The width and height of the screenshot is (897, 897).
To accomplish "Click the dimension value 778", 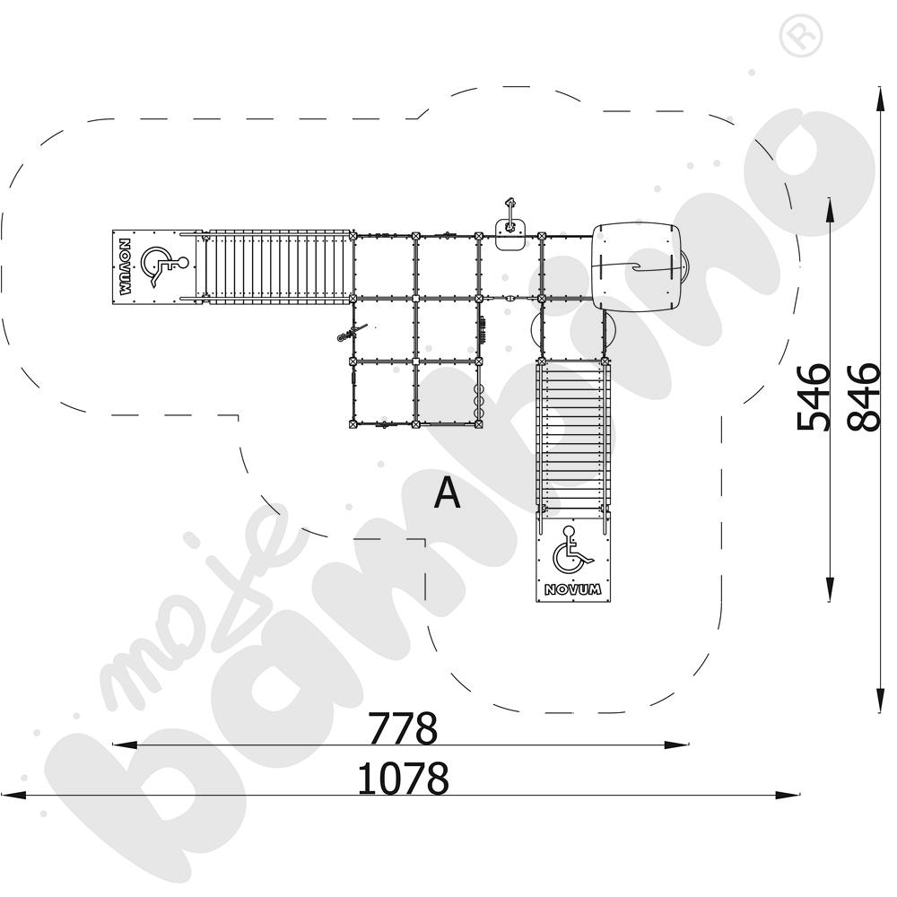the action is coord(402,727).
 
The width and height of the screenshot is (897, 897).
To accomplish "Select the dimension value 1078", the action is coord(403,778).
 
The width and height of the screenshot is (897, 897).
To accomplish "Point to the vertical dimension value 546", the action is coord(814,396).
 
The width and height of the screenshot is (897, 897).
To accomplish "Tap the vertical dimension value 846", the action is coord(863,396).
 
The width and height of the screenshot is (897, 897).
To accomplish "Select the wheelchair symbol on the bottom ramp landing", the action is coord(572,550).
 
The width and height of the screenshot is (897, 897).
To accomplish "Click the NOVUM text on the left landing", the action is coord(126,266).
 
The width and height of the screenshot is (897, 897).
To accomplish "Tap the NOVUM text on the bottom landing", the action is coord(572,589).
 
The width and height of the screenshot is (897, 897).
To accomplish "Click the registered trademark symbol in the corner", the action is coord(801,36).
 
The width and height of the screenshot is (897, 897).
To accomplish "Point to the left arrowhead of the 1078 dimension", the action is coord(13,795).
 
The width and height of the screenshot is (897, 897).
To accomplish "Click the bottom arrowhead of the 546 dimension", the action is coord(830,588).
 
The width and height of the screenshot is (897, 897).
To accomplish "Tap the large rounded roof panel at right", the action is coord(636,266).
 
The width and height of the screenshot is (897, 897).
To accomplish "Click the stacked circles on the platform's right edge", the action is coord(479,402).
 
